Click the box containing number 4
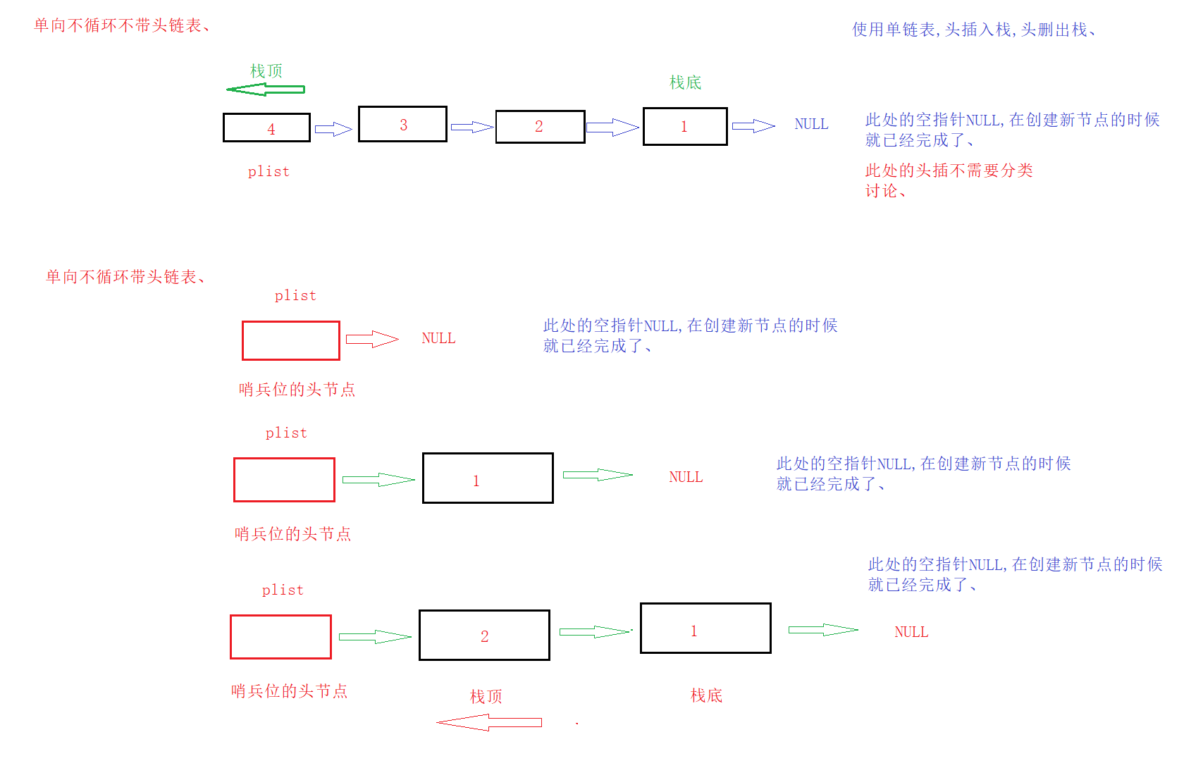point(266,128)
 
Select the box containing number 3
point(402,124)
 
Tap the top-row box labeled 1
point(685,126)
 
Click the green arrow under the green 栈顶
point(265,89)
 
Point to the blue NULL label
point(811,124)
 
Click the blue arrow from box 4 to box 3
point(333,129)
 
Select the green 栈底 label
point(685,82)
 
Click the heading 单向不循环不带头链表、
point(121,25)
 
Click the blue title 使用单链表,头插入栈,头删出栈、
point(974,30)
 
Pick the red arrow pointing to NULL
point(372,339)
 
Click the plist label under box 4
point(269,171)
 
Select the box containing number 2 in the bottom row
point(484,635)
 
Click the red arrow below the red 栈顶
point(489,722)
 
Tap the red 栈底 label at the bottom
point(706,695)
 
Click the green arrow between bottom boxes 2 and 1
point(594,631)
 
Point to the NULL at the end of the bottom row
point(911,632)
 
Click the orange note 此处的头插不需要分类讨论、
point(949,180)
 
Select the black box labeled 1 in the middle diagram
point(488,478)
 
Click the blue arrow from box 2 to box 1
point(612,127)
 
